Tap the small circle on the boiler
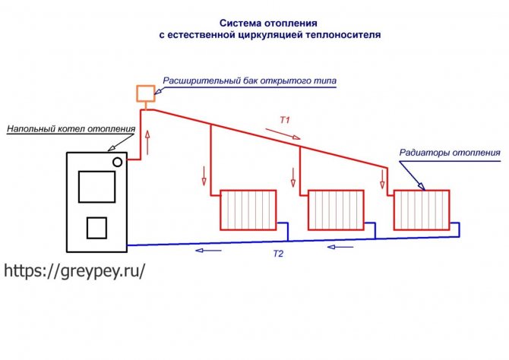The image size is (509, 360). click(118, 162)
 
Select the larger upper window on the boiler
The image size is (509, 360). click(96, 187)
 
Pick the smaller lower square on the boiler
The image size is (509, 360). click(96, 228)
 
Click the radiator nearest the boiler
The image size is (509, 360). click(248, 210)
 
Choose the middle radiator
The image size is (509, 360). click(336, 210)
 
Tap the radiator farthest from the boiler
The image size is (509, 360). click(422, 210)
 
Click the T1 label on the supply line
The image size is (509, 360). click(285, 120)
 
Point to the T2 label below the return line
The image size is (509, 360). click(278, 254)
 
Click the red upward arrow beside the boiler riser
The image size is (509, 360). click(147, 143)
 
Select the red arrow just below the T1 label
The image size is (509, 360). click(283, 134)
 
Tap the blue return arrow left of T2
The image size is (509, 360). click(208, 251)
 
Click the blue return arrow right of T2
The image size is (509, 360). click(340, 247)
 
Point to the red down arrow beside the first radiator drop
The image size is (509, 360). click(204, 176)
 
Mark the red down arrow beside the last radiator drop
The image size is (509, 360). click(382, 179)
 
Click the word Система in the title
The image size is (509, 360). click(241, 24)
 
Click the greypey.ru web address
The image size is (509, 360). click(74, 270)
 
